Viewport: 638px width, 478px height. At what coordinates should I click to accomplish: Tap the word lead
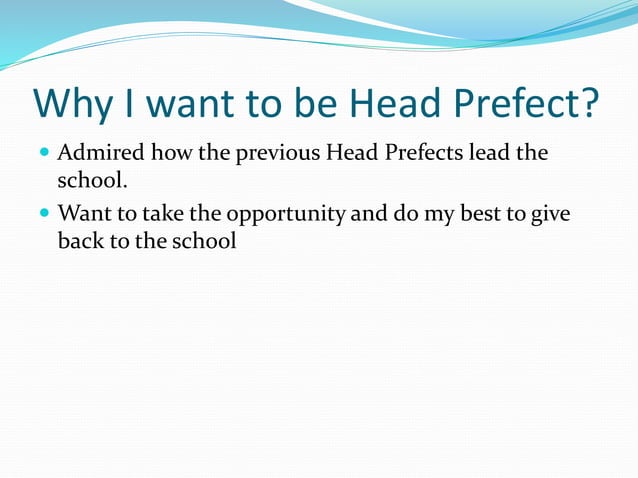(x=491, y=155)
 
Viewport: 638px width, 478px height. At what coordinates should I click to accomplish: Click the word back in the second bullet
(x=80, y=241)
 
